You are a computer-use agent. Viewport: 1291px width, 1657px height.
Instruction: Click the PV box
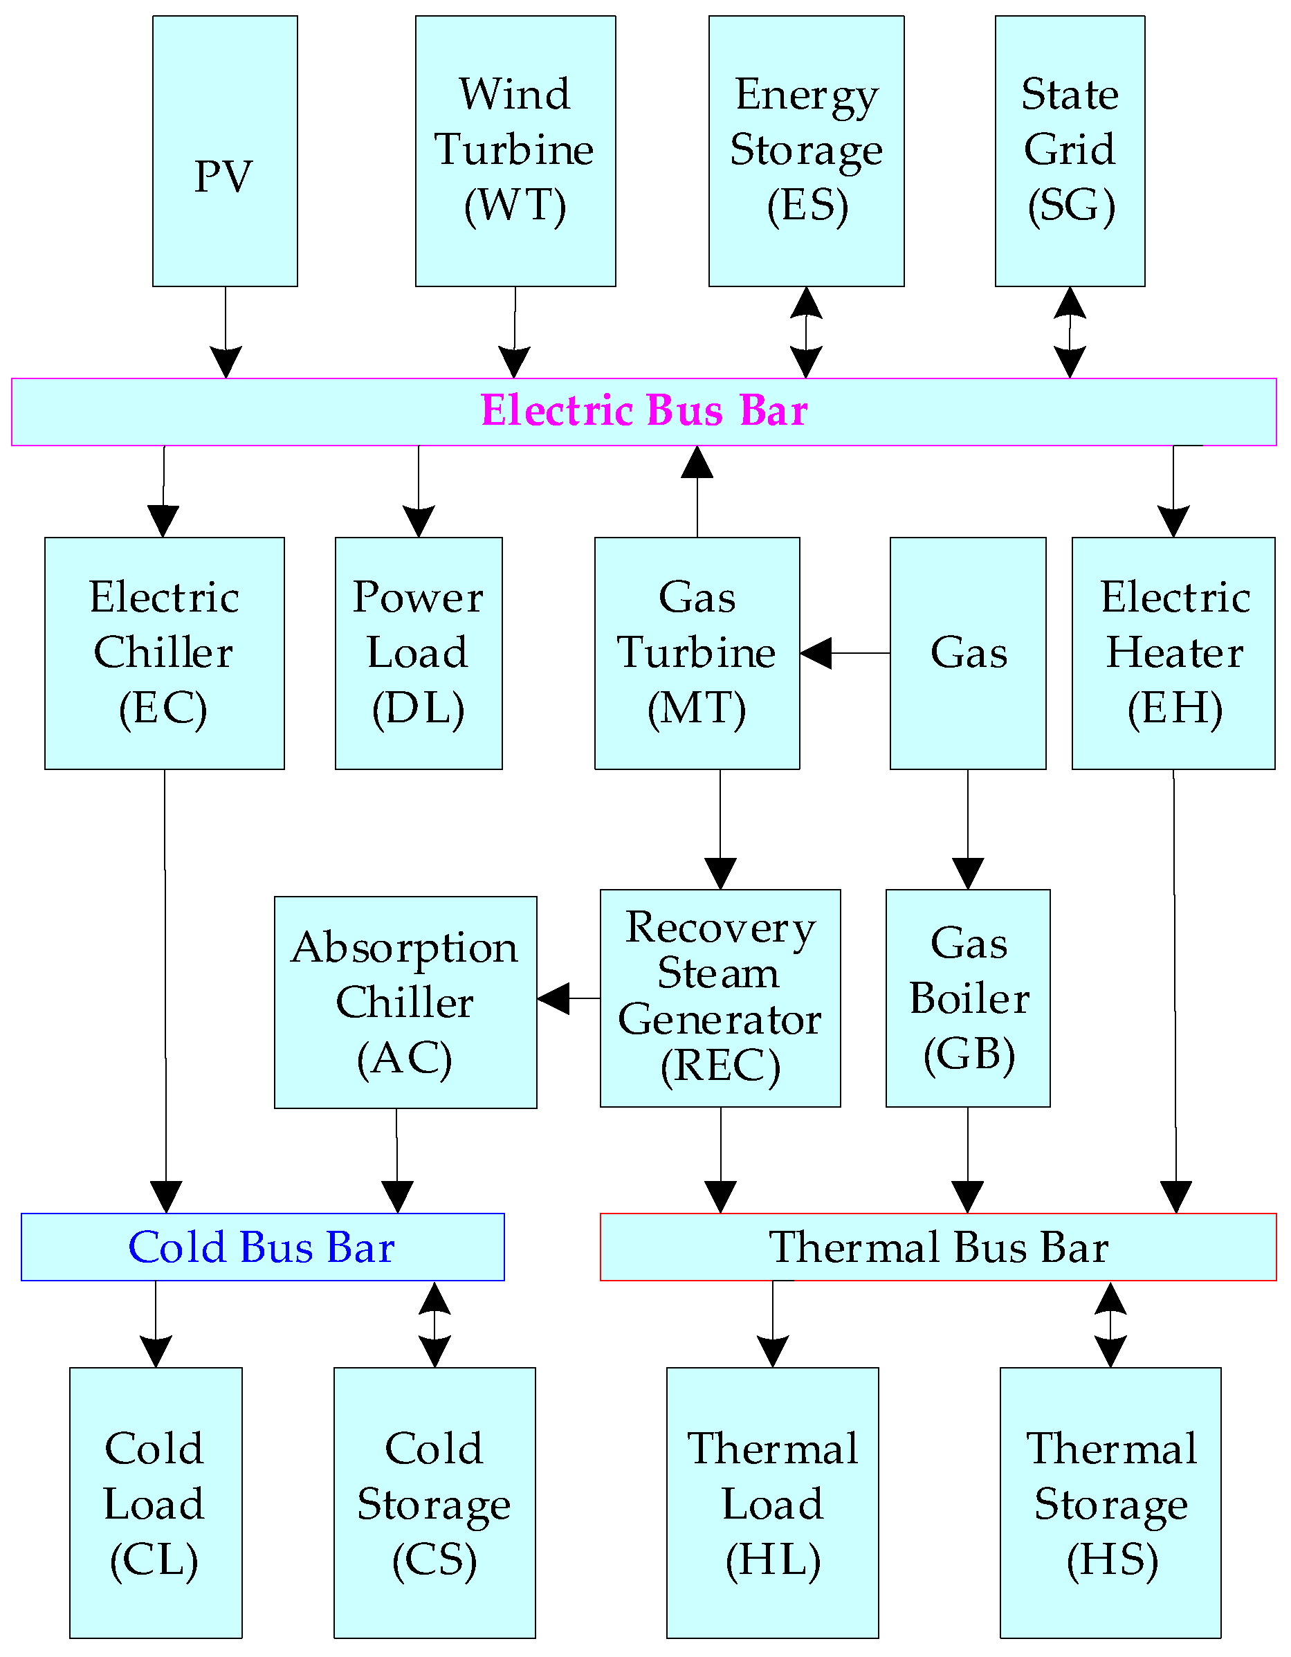point(225,152)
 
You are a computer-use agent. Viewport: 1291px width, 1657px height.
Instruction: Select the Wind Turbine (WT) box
point(515,152)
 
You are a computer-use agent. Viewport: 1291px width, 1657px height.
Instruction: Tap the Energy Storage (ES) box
point(806,152)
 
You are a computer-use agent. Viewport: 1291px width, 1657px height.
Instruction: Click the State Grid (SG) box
point(1070,152)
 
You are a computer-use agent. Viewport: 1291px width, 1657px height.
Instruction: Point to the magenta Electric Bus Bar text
point(644,411)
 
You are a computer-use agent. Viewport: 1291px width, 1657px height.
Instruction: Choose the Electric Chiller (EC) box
point(164,653)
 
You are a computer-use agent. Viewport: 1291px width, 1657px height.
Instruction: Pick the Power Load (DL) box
point(418,653)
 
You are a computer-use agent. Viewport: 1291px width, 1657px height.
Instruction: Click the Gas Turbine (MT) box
point(696,653)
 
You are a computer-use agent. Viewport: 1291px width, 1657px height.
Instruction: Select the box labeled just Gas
point(967,653)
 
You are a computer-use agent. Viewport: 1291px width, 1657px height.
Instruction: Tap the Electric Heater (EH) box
point(1173,653)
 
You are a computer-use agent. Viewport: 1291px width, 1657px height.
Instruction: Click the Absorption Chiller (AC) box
point(405,1003)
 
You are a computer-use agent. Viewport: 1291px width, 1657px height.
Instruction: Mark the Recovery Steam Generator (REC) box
point(720,998)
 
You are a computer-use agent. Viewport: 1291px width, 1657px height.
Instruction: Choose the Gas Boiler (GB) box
point(967,998)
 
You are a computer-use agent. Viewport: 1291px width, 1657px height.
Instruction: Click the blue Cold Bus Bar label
point(262,1247)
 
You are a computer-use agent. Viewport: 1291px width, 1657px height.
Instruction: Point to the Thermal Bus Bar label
point(938,1247)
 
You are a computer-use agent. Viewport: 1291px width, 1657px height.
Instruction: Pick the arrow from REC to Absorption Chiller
point(568,998)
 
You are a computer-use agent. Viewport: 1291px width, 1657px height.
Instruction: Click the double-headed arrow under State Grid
point(1070,332)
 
